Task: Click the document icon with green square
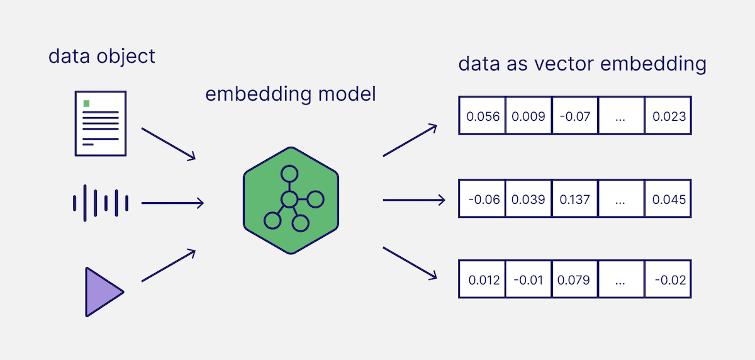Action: click(100, 123)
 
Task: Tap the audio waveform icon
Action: click(101, 203)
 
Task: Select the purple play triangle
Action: click(103, 291)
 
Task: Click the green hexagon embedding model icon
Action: click(291, 200)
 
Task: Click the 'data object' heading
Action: click(102, 56)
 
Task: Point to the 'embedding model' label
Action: click(291, 94)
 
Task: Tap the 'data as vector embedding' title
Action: click(582, 64)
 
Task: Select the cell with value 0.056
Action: click(483, 116)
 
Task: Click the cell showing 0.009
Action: click(528, 116)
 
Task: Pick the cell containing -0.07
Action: click(574, 116)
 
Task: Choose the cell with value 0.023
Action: click(668, 116)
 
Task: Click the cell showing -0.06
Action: click(483, 199)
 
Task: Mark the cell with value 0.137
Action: click(574, 199)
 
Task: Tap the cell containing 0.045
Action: click(668, 199)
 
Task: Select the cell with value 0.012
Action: click(483, 279)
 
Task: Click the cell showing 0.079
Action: click(574, 279)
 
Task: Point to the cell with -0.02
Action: click(668, 279)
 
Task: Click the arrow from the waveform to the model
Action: click(172, 203)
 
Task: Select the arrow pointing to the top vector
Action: click(410, 140)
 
